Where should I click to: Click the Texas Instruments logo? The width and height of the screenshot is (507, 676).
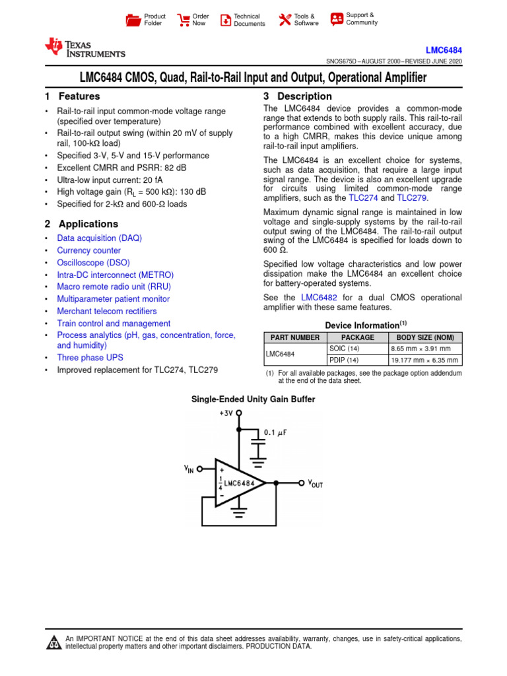tap(84, 48)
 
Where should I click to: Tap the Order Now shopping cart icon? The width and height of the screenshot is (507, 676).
tap(183, 20)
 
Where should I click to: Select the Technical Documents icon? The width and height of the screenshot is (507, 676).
tap(226, 20)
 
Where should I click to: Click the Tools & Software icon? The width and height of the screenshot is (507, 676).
tap(285, 20)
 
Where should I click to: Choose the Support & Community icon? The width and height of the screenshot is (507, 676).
tap(337, 18)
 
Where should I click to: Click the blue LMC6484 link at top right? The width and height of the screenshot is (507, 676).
tap(445, 50)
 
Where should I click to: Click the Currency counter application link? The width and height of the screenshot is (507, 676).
tap(88, 250)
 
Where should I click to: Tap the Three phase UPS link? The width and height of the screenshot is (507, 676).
tap(90, 358)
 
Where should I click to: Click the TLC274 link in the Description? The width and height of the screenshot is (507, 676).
tap(363, 198)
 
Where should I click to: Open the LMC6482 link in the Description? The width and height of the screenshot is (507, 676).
tap(319, 298)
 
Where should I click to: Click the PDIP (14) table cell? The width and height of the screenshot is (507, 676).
tap(344, 360)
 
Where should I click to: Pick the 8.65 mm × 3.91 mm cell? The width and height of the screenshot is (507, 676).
tap(420, 349)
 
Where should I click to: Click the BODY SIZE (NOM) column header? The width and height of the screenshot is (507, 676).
tap(424, 337)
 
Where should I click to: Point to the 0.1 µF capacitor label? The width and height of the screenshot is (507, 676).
tap(275, 432)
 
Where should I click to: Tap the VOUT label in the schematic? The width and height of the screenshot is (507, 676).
tap(316, 483)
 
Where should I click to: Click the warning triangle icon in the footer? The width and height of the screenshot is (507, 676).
tap(52, 643)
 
